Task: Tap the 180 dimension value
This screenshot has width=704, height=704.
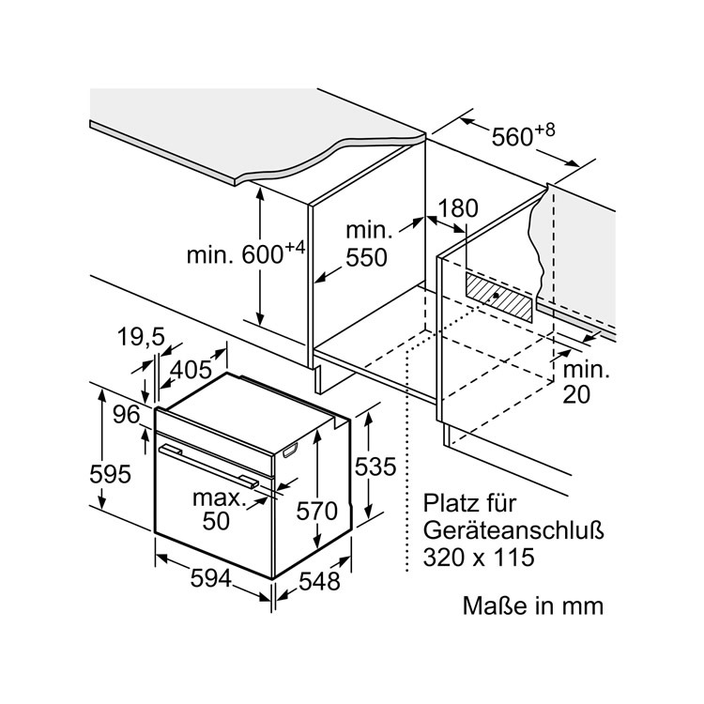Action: pos(459,208)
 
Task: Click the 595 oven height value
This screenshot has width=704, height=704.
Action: pos(111,474)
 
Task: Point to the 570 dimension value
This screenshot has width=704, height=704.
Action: pos(316,512)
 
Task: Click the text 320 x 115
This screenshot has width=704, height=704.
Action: pos(478,557)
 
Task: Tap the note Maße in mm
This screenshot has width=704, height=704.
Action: pos(532,605)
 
